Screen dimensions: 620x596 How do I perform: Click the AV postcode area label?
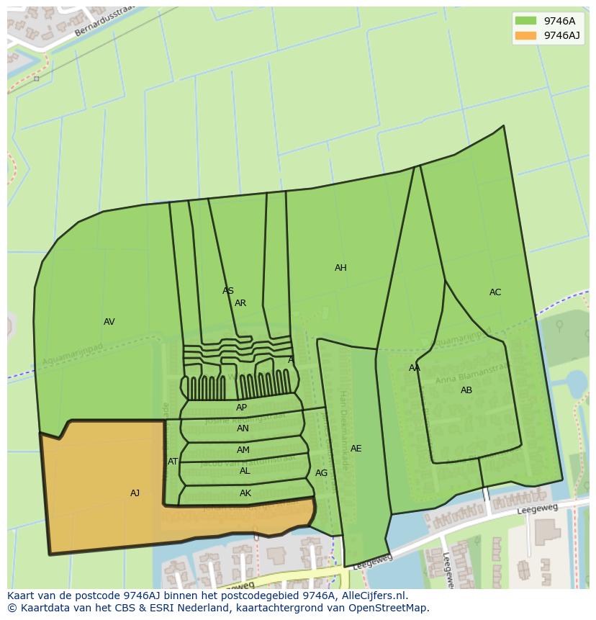coord(109,322)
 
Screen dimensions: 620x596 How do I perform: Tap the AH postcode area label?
coord(340,268)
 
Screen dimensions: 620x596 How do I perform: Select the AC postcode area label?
coord(495,292)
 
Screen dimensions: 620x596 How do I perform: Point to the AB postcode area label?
coord(466,390)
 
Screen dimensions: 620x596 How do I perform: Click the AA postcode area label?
coord(415,368)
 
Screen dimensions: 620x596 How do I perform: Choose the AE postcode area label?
coord(356,449)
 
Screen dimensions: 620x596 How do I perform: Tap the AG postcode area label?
coord(321,473)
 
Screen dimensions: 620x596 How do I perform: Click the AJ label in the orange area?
coord(135,493)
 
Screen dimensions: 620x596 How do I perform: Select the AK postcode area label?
coord(245,493)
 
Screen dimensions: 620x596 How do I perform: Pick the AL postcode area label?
coord(245,471)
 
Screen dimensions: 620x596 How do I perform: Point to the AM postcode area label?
coord(243,450)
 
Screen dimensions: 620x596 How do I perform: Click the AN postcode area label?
coord(243,428)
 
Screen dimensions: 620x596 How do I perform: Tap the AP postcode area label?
coord(241,408)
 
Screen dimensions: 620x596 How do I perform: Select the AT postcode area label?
coord(173,462)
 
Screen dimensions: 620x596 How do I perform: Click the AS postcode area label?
coord(228,291)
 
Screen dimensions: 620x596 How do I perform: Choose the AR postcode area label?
coord(240,303)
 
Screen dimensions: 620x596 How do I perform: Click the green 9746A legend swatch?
coord(526,21)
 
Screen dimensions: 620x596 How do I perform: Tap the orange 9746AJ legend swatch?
coord(526,35)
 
